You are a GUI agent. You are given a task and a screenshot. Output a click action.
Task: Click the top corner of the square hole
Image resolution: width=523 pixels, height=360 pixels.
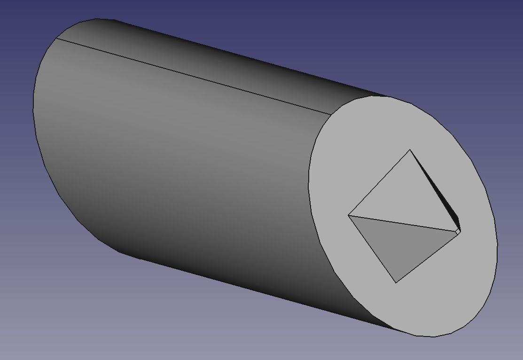[410, 150]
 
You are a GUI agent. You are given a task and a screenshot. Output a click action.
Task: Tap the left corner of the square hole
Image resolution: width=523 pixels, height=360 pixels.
[348, 215]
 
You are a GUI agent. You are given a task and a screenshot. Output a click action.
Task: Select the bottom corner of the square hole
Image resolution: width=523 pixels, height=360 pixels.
[396, 282]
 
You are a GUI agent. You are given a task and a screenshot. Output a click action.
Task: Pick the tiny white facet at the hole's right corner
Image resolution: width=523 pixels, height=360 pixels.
[458, 232]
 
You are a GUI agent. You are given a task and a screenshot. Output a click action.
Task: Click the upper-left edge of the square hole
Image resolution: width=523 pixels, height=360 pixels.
[379, 183]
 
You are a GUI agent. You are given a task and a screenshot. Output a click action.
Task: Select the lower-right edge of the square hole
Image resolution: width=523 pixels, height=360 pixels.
[428, 257]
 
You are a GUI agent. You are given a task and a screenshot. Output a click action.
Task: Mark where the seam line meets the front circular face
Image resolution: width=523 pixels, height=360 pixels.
[332, 114]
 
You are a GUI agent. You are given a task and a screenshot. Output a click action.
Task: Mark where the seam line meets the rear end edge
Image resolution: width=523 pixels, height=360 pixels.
[56, 38]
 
